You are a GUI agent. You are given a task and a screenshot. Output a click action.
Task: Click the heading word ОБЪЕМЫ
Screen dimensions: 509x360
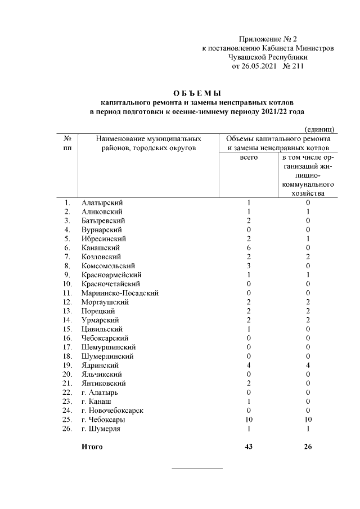click(196, 93)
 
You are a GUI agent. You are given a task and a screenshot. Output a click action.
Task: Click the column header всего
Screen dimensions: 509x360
click(249, 157)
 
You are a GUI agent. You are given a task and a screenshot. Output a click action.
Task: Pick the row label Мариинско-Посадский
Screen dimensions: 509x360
click(119, 292)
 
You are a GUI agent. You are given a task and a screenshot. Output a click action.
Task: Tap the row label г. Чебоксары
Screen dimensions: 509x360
click(103, 420)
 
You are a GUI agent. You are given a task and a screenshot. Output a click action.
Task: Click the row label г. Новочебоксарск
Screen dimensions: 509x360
click(112, 411)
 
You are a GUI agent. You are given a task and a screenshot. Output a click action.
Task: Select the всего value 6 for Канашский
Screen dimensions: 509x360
click(249, 247)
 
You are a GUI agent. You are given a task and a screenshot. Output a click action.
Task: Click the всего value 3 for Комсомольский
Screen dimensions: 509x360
click(249, 265)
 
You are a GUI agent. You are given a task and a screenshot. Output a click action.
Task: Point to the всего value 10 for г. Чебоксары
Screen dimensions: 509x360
click(249, 420)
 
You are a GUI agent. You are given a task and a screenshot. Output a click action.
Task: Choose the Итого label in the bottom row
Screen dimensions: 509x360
click(92, 447)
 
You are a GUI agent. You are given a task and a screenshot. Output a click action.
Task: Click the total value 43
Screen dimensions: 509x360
click(249, 447)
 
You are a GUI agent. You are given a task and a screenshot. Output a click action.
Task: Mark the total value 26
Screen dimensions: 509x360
click(308, 447)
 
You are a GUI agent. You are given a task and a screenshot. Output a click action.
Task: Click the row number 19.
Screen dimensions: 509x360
click(67, 365)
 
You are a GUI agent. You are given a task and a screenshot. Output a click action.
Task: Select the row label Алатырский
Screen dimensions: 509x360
click(102, 202)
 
